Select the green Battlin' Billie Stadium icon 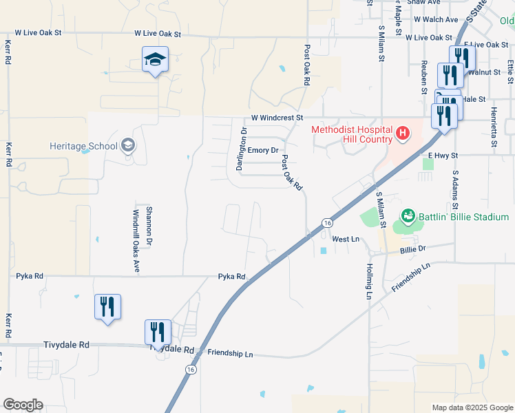[408, 218]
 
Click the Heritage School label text [83, 146]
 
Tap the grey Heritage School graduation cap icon [127, 145]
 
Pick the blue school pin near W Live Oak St [156, 61]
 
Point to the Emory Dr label [263, 150]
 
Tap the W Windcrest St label [277, 118]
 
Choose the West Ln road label [346, 239]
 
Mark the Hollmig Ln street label [369, 281]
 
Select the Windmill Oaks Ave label [137, 240]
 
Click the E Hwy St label [443, 156]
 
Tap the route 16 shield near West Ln [327, 223]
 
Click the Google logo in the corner [23, 405]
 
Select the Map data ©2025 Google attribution [472, 407]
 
